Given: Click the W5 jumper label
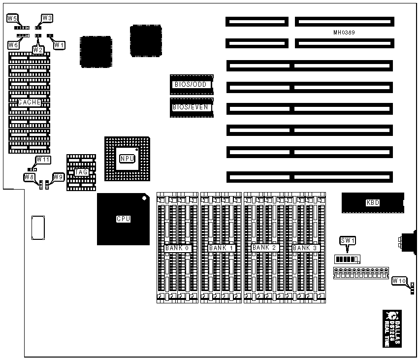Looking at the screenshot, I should (12, 18).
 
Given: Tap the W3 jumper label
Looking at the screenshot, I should (47, 18).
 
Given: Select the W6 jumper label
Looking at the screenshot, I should (13, 45).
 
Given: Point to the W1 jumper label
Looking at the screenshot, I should (59, 45).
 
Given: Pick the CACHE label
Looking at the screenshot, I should (29, 102).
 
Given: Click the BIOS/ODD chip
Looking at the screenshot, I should (192, 84).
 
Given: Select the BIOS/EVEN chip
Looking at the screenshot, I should (192, 107).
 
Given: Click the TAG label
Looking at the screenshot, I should (81, 172).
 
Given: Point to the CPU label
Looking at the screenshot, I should (123, 219).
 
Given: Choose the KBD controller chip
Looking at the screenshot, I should (373, 202).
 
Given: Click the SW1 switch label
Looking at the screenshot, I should (348, 241).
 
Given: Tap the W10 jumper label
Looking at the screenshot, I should (399, 281).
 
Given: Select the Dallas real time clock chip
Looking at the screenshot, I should (392, 322).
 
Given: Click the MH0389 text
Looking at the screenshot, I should (344, 33).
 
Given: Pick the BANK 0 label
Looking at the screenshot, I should (177, 248).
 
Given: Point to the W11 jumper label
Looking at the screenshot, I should (43, 160).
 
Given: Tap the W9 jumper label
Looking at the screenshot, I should (59, 176).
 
